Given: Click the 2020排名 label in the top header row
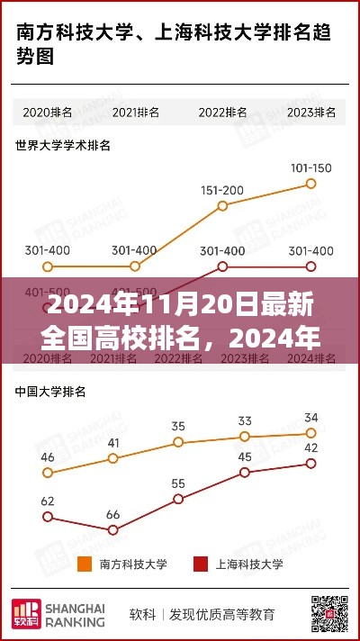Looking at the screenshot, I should (49, 113).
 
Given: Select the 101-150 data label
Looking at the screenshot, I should (311, 167).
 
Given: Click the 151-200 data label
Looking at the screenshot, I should (222, 190).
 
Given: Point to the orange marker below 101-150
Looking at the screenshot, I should (311, 183).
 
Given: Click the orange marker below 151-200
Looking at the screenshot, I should (222, 206).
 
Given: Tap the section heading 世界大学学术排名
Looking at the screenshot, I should (63, 144).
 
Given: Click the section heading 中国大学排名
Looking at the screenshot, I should (50, 393).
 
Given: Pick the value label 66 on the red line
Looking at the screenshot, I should (113, 515).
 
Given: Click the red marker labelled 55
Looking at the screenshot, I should (178, 499).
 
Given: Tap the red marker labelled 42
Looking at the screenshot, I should (311, 463).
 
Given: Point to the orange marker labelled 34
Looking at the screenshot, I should (311, 433).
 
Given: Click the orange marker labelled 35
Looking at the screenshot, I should (178, 442).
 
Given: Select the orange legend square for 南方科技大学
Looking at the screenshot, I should (85, 564).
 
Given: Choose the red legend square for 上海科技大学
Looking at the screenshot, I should (201, 564).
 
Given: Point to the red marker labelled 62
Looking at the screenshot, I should (49, 517).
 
